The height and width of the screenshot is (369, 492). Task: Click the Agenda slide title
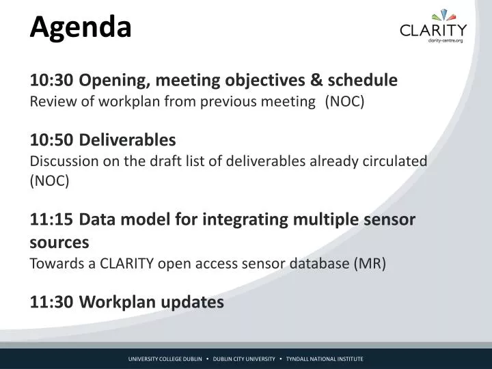[81, 28]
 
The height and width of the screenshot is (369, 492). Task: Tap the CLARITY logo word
[433, 30]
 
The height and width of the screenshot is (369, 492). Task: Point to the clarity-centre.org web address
[446, 40]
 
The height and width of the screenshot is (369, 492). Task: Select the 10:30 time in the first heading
[51, 80]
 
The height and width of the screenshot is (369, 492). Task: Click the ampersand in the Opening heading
[316, 80]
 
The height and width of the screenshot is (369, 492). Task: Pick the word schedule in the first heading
[363, 80]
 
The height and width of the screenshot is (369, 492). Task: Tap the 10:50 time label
[51, 140]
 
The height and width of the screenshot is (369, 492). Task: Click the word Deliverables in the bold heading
[127, 139]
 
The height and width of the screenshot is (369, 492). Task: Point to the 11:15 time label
[51, 219]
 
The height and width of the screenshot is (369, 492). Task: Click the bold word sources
[59, 243]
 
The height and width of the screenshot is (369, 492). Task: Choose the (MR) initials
[370, 264]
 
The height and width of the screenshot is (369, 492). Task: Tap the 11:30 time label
[51, 302]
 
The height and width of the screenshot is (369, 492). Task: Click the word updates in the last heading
[192, 303]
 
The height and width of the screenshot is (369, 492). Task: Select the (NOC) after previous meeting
[345, 102]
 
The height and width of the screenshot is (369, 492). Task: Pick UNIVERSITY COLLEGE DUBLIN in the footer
[165, 359]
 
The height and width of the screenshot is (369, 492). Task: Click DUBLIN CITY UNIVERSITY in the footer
[244, 359]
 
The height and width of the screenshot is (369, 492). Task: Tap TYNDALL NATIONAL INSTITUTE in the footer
[325, 359]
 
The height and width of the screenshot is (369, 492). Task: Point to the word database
[319, 263]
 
